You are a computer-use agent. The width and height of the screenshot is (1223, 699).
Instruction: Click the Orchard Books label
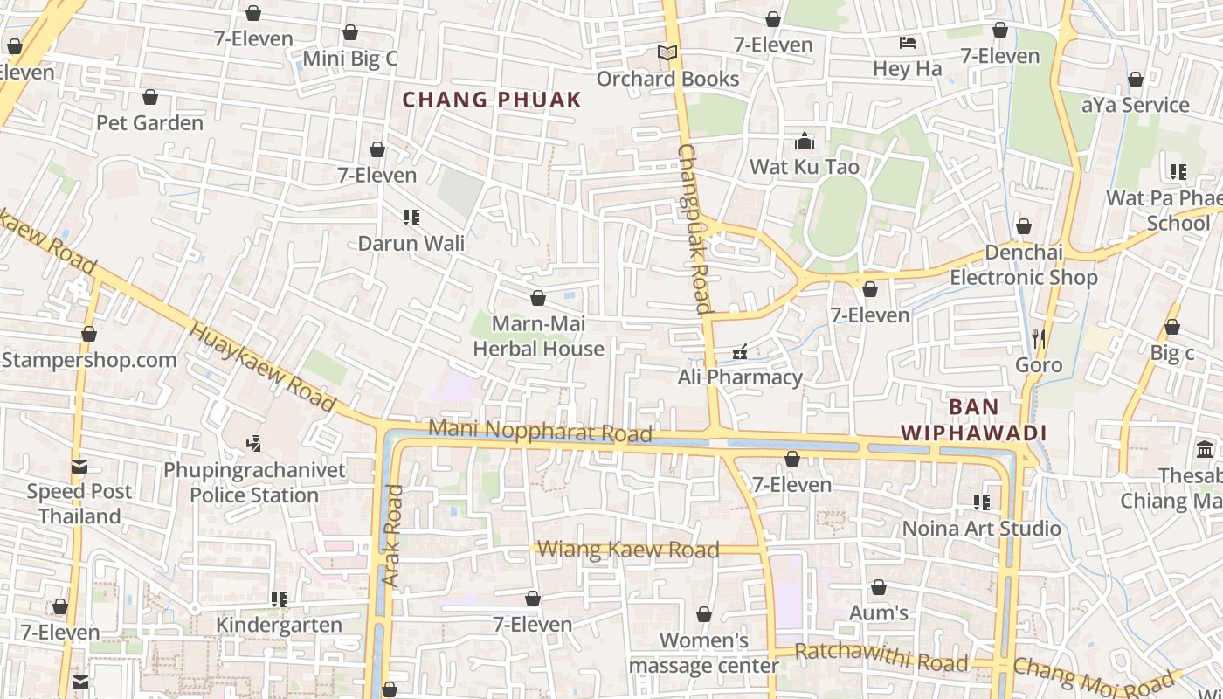667,79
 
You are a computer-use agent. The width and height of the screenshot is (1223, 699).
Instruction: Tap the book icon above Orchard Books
667,53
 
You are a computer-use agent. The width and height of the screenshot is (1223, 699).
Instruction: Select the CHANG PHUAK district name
491,100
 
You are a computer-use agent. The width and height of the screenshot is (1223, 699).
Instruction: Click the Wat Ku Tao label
805,167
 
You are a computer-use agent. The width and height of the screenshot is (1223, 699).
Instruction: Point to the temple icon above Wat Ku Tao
805,141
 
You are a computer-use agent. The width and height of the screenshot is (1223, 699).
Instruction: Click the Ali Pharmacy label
740,377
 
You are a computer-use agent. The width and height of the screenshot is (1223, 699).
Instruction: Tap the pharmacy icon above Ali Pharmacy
740,352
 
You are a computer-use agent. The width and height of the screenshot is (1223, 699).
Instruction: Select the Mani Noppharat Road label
541,431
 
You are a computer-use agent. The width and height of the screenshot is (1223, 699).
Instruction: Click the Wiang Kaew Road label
628,550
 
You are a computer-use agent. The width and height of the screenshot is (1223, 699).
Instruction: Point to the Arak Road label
393,535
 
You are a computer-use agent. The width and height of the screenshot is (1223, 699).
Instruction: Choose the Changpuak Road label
695,229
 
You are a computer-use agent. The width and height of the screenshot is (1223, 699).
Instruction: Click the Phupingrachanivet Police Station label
254,482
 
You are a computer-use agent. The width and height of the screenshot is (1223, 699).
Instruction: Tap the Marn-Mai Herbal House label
538,336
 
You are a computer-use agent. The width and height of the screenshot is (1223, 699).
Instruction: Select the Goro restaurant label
1039,364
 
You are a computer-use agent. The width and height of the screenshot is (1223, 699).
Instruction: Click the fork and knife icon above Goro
1039,338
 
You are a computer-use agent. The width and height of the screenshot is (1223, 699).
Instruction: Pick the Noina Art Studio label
981,529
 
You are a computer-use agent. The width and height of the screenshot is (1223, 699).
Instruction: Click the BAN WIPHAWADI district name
973,419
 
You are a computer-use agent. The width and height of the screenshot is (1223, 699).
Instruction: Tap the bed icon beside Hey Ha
908,43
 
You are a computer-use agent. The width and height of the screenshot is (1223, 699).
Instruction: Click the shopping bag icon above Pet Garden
150,97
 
